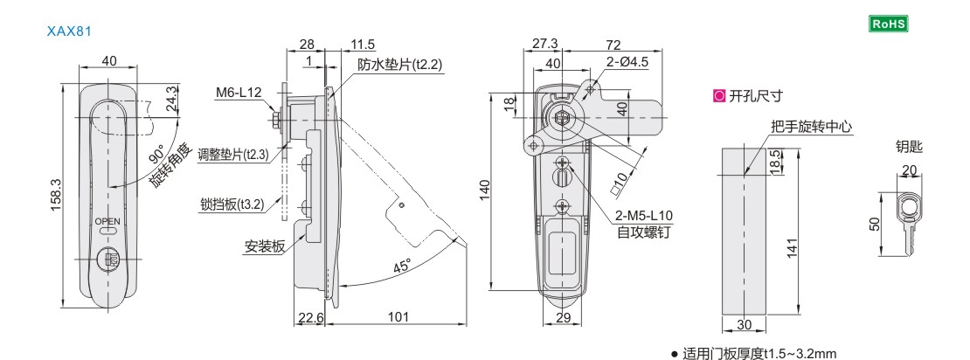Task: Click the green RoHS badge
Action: tap(889, 24)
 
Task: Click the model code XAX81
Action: tap(69, 31)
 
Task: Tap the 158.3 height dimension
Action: tap(56, 195)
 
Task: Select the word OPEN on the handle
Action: tap(107, 221)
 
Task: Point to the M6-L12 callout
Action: tap(239, 93)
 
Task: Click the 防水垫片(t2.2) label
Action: tap(400, 65)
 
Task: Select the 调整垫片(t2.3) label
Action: tap(232, 154)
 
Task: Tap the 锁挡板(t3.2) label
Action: tap(232, 204)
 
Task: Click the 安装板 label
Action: tap(264, 246)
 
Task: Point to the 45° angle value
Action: tap(402, 267)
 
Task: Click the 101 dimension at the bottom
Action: tap(399, 316)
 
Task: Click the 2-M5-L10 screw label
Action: tap(644, 216)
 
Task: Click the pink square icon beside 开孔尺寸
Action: tap(719, 96)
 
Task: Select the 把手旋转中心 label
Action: tap(812, 127)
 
